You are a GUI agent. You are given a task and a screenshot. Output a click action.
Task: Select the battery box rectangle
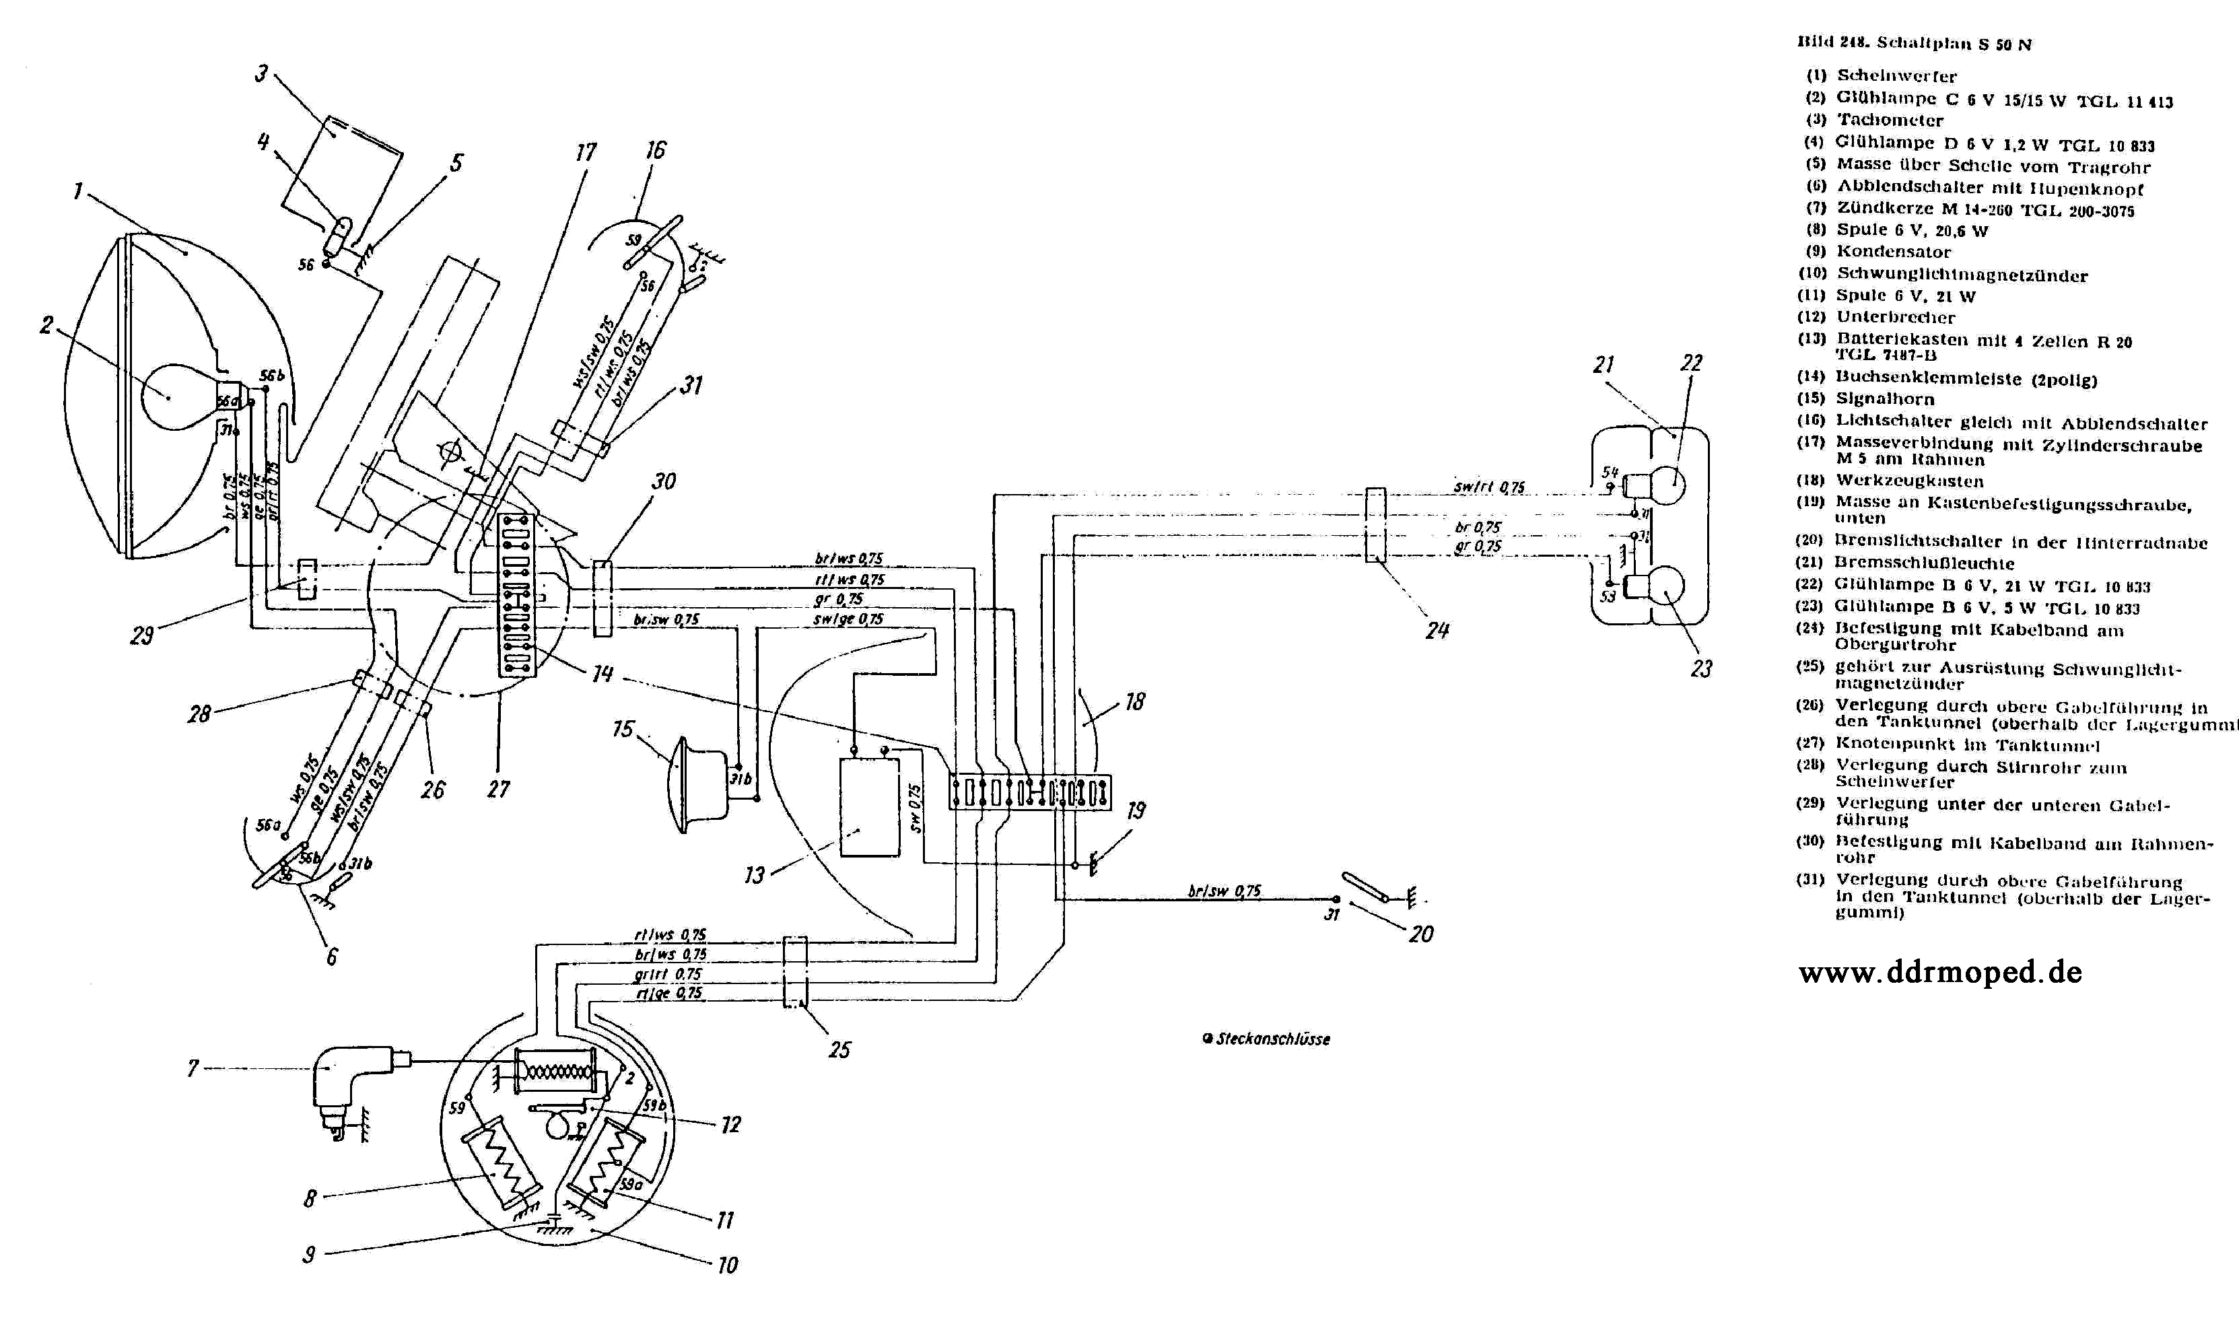(x=870, y=807)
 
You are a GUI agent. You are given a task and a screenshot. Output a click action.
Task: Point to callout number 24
(x=1437, y=631)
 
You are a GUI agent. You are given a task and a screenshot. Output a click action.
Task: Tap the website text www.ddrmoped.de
(x=1939, y=972)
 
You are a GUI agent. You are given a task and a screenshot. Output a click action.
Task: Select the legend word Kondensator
(x=1893, y=252)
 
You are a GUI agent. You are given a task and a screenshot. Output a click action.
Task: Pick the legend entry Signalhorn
(x=1884, y=399)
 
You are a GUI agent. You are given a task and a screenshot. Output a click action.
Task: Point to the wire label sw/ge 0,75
(x=848, y=618)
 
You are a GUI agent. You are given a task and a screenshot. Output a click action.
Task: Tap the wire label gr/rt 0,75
(x=667, y=974)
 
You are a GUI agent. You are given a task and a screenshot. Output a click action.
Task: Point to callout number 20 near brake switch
(x=1420, y=934)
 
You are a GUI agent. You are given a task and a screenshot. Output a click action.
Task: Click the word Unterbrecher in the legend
(x=1895, y=318)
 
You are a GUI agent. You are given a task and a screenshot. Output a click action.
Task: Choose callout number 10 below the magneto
(x=727, y=1265)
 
